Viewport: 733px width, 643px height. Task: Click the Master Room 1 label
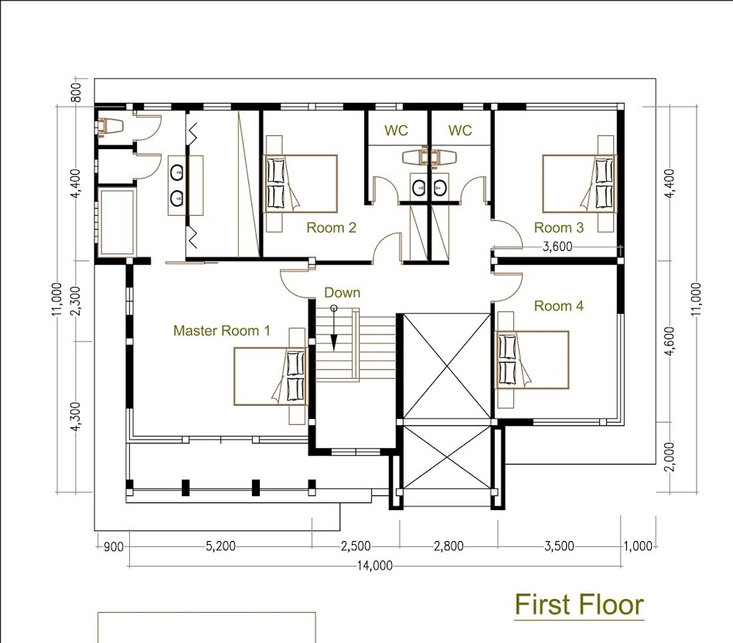click(222, 331)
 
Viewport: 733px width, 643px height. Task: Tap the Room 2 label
click(331, 227)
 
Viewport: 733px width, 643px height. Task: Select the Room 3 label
click(558, 227)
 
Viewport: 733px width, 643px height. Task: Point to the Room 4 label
click(558, 306)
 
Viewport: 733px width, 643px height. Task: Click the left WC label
click(396, 131)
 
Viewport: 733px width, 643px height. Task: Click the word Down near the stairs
click(343, 293)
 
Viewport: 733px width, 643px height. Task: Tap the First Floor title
click(579, 604)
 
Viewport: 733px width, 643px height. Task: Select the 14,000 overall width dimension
click(375, 566)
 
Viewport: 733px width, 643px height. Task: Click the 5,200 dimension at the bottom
click(220, 546)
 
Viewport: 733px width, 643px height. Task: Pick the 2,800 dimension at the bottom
click(448, 546)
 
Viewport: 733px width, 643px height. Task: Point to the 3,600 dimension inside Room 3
click(557, 247)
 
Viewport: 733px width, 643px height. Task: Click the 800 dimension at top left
click(77, 92)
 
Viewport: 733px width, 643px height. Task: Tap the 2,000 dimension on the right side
click(670, 457)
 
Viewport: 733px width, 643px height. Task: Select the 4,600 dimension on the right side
click(670, 341)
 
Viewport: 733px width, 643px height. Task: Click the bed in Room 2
click(300, 184)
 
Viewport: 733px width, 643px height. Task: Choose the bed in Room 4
click(531, 360)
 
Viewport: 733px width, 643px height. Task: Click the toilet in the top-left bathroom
click(110, 126)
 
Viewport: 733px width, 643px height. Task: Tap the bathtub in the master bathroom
click(117, 222)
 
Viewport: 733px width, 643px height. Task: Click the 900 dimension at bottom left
click(113, 546)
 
